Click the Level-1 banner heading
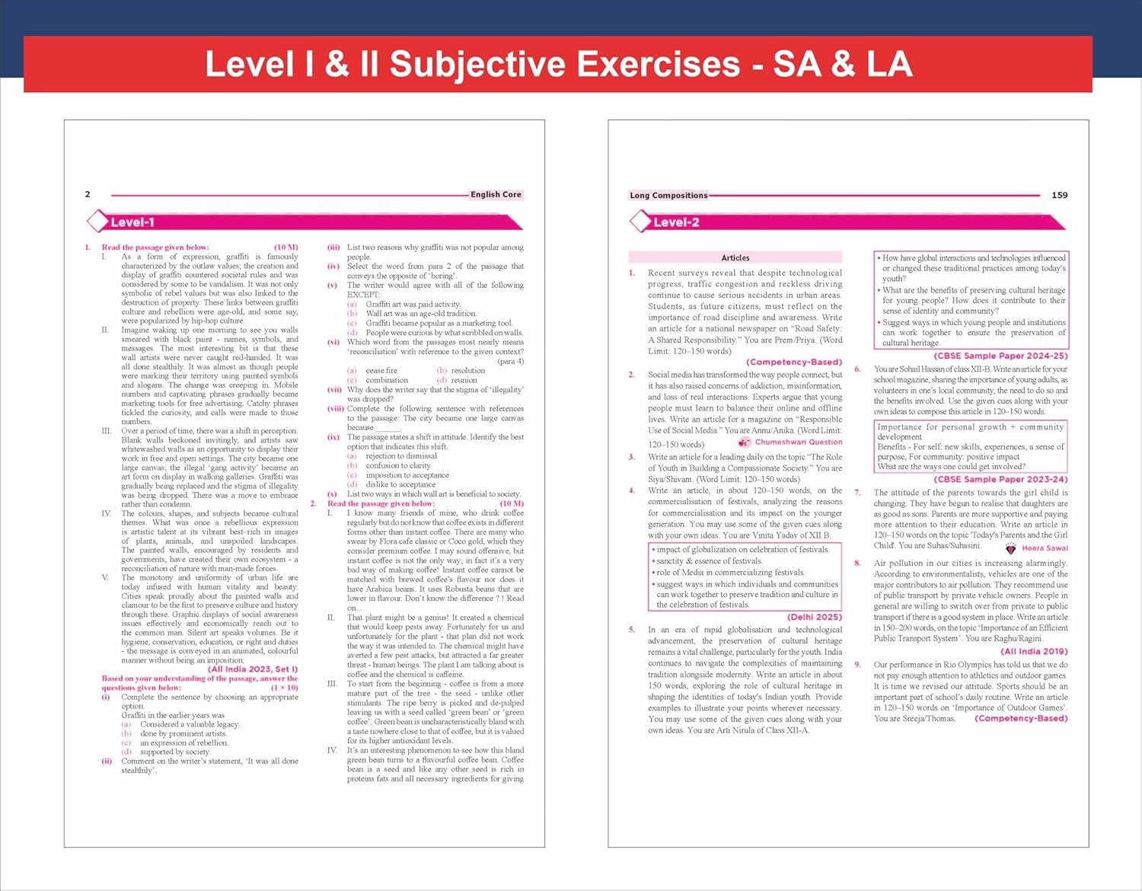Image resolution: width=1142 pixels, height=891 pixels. pos(132,222)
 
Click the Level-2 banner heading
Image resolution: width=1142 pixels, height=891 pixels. pos(676,222)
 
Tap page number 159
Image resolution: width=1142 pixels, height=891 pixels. pos(1059,196)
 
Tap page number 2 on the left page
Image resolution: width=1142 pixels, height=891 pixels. pos(88,194)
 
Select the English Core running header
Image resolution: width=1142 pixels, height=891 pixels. pos(496,195)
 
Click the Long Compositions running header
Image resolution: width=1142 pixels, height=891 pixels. pos(668,196)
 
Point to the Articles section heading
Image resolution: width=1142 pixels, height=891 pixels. pos(735,258)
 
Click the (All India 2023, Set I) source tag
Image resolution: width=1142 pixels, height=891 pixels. pos(253,669)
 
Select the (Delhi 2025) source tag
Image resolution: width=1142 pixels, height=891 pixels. pos(814,617)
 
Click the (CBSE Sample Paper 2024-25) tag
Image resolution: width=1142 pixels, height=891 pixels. pos(1000,356)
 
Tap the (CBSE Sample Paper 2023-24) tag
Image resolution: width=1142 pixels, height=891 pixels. pos(1000,480)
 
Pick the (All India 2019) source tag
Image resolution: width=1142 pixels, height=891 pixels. pos(1034,652)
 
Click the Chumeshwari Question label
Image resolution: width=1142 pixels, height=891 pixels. pos(798,442)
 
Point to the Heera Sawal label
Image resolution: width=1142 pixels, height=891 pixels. pos(1045,548)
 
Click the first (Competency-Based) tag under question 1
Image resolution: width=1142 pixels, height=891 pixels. pos(794,362)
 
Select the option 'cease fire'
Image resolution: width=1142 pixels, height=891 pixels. pos(381,371)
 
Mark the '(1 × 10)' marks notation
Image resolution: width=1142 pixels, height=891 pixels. pos(284,688)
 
